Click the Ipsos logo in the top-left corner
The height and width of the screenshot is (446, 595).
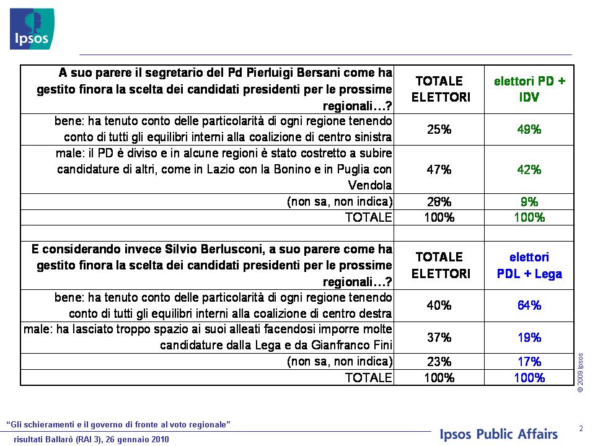[32, 29]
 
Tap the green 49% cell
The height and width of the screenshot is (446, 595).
[529, 129]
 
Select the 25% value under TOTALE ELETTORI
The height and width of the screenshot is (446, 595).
[439, 129]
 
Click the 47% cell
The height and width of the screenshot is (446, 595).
[439, 169]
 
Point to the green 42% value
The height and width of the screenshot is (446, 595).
[529, 169]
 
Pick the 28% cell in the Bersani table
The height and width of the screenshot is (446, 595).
[439, 201]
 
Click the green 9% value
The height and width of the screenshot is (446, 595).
[529, 201]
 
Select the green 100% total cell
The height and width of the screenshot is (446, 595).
[529, 217]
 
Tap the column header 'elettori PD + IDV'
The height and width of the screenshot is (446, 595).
[529, 89]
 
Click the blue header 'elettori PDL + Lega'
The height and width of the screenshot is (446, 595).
[529, 266]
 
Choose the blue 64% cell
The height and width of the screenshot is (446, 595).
[529, 305]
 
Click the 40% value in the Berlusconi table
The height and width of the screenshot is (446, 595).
[439, 305]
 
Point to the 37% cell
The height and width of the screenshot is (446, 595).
[439, 338]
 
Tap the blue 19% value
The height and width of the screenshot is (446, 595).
[529, 338]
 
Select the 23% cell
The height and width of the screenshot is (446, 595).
[439, 361]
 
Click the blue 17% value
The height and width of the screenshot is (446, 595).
[529, 361]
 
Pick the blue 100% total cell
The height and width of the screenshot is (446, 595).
[529, 378]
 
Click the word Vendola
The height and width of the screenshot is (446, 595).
[370, 185]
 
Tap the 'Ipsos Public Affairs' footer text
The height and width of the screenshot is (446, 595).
[498, 434]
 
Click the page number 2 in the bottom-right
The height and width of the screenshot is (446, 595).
[581, 429]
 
